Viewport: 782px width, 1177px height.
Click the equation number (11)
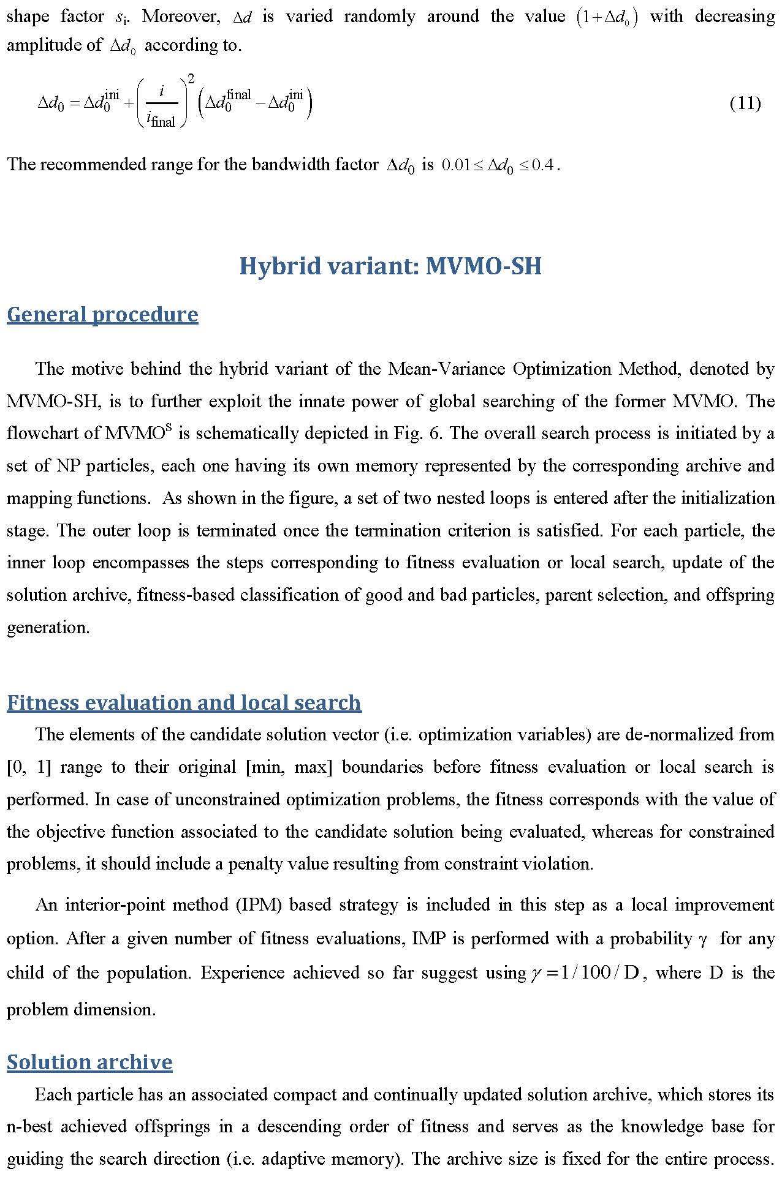745,103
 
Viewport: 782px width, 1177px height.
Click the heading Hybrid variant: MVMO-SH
390,266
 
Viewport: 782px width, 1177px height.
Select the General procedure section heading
102,314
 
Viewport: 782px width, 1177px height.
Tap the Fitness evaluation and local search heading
184,702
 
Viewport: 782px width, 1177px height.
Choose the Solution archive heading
89,1061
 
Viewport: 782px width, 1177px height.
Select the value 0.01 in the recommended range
455,165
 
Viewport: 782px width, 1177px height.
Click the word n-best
29,1126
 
